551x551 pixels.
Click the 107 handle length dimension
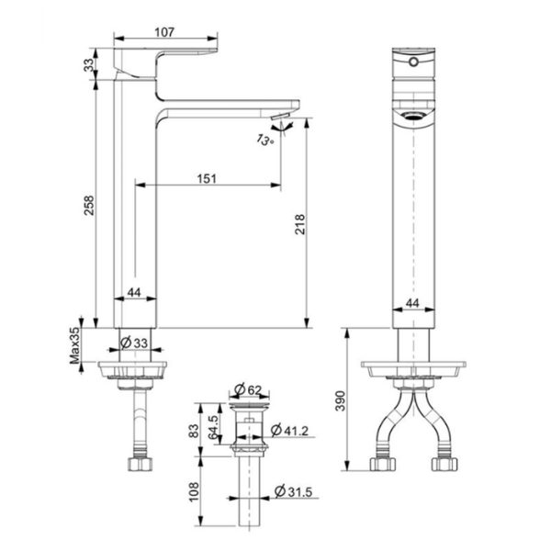click(x=164, y=31)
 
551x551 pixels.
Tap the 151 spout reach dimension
click(x=207, y=178)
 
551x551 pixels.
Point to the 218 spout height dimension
click(x=299, y=223)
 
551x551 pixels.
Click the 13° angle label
click(x=265, y=140)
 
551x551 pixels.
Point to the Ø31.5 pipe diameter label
click(x=294, y=495)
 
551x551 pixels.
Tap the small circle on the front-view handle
click(x=412, y=62)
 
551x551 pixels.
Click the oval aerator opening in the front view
click(x=412, y=117)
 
